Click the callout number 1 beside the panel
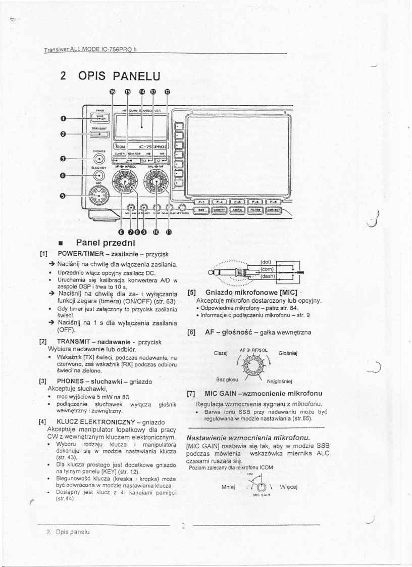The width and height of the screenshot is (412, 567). pyautogui.click(x=63, y=119)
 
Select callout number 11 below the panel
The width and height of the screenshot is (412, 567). pyautogui.click(x=169, y=232)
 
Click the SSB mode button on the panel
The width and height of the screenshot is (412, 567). pyautogui.click(x=201, y=208)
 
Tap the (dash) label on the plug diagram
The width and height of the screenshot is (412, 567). pyautogui.click(x=268, y=276)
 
